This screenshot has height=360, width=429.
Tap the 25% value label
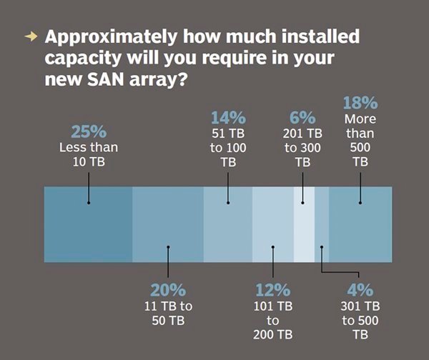[x=89, y=132]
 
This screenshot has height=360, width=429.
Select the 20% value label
[x=168, y=290]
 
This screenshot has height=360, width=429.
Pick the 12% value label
[x=273, y=290]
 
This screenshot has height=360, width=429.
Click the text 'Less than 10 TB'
[x=89, y=154]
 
